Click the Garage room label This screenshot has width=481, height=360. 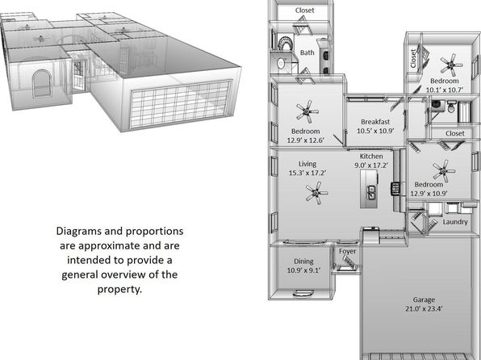coord(424,299)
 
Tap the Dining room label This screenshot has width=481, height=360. coord(303,262)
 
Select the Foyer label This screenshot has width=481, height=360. coord(348,251)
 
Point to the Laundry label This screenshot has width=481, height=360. coord(455,222)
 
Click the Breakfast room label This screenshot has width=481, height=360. coord(375,122)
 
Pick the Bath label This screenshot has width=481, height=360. coord(307,52)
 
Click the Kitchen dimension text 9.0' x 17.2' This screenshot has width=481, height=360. coord(371,165)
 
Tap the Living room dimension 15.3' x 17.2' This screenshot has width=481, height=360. coord(307,173)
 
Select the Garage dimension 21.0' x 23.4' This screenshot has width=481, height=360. coord(424,309)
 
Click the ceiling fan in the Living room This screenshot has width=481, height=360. coord(316,193)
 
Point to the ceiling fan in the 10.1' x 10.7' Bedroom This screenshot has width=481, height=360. coord(451,65)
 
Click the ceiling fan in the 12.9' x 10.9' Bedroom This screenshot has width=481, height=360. coord(444,171)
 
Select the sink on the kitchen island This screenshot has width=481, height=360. coord(371,192)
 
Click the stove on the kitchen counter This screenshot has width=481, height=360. coord(395,188)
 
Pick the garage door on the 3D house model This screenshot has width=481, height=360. coord(181,104)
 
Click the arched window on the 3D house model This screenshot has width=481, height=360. coord(42,83)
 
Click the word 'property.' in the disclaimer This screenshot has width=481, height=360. coord(119,289)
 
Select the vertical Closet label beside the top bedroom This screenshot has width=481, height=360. coord(413,59)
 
